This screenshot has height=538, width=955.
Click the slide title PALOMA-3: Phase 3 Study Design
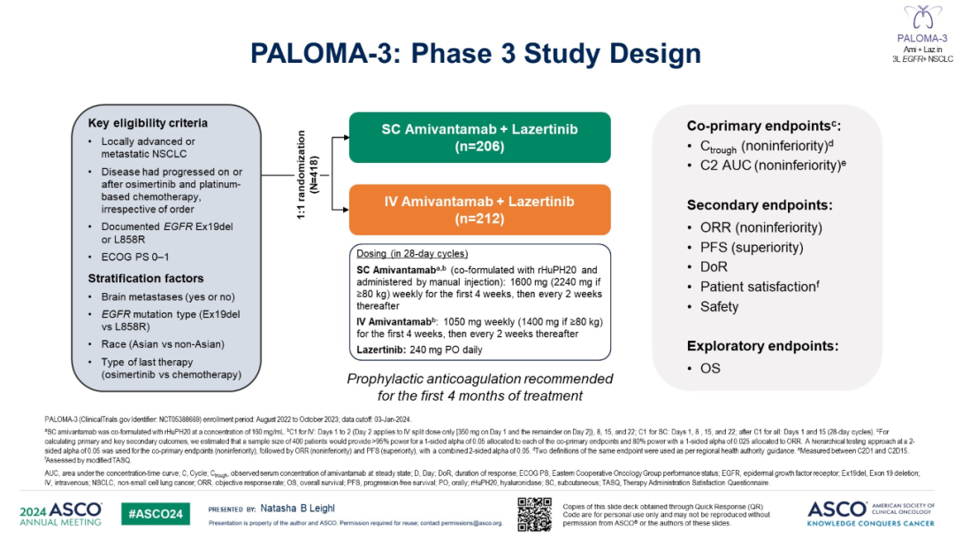pos(476,53)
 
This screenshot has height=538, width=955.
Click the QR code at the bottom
pos(534,514)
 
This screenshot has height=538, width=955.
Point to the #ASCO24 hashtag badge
pos(154,514)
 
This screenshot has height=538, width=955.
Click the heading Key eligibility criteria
pos(148,123)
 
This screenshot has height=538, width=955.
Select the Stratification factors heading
pos(145,278)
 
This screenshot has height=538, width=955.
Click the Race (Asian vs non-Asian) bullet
pos(162,343)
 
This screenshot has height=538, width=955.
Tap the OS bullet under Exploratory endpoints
pos(710,368)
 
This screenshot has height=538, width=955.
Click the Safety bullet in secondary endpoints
pos(719,306)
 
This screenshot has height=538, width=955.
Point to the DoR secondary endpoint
pos(714,266)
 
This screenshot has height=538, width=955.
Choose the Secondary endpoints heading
pos(760,204)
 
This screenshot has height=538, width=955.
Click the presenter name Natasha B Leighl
pos(302,510)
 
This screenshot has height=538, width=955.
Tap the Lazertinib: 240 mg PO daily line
pos(420,350)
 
